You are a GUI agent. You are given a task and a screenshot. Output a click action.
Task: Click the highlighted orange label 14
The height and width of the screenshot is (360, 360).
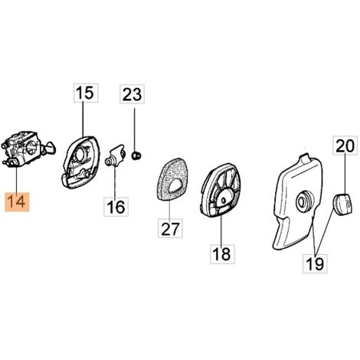[17, 202]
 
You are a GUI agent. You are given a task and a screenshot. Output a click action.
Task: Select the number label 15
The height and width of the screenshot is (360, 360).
[86, 93]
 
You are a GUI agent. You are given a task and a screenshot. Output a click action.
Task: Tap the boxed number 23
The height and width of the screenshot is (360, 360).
[133, 94]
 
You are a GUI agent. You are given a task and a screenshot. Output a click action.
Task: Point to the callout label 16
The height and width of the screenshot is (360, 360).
[116, 207]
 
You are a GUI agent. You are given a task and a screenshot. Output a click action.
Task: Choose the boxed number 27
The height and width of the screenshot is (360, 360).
[170, 228]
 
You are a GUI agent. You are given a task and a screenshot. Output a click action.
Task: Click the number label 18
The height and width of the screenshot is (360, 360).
[222, 254]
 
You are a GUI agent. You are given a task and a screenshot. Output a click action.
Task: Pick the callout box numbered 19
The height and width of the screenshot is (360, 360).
[315, 263]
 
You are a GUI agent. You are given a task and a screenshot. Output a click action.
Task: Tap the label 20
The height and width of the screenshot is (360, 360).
[345, 146]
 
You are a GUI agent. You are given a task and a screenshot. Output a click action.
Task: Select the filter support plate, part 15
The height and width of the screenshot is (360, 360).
[80, 162]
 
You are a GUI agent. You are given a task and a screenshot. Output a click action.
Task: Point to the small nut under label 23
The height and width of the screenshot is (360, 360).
[136, 155]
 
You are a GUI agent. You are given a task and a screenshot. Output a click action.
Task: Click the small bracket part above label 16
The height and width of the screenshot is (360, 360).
[115, 156]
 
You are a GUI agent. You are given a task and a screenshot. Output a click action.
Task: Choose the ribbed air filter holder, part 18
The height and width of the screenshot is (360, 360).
[221, 190]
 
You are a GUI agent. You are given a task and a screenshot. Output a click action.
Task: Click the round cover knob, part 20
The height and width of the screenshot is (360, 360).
[343, 204]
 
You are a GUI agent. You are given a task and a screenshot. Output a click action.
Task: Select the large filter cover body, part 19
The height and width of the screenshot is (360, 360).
[296, 201]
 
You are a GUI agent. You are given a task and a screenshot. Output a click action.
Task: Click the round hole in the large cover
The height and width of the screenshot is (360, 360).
[305, 201]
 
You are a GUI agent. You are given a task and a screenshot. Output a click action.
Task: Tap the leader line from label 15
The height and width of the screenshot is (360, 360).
[83, 119]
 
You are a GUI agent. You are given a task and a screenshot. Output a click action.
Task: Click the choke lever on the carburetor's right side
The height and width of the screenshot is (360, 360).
[51, 148]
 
